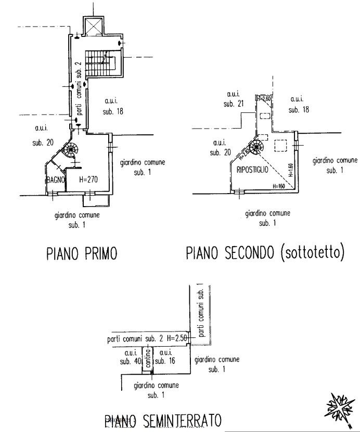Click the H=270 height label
89,180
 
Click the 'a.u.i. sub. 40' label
128,357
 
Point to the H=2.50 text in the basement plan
177,339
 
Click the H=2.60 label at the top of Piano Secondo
265,98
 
